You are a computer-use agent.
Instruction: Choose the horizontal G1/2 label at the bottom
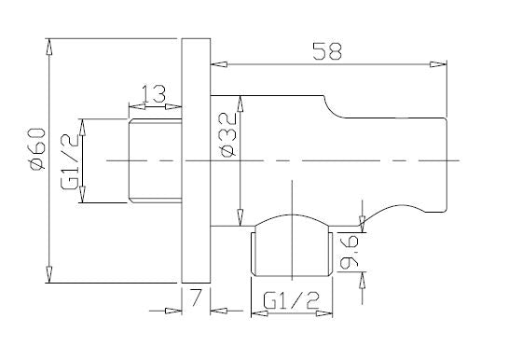point(291,302)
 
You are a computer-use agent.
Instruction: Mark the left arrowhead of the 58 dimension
point(219,64)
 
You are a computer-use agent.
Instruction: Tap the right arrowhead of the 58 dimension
point(438,64)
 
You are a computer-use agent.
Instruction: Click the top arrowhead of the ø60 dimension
point(48,45)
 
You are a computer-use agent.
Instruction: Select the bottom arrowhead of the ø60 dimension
point(48,275)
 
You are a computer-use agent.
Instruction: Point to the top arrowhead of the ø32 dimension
point(242,100)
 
